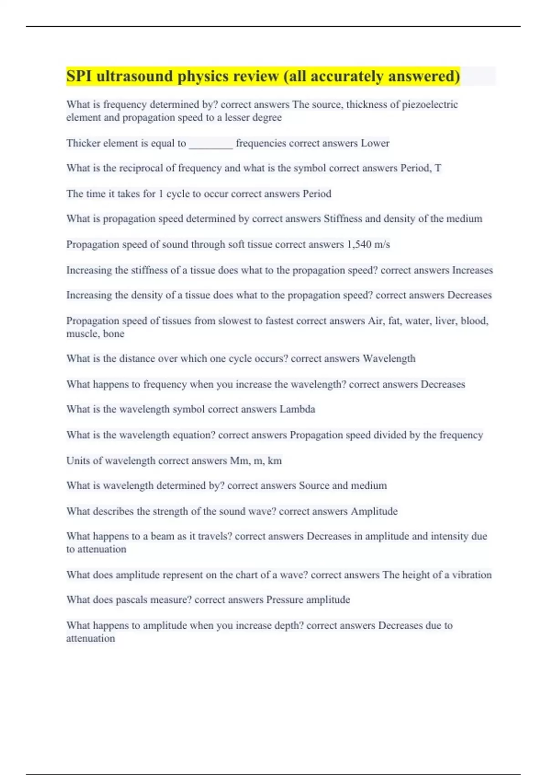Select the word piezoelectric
pyautogui.click(x=429, y=104)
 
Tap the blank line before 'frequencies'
pyautogui.click(x=211, y=144)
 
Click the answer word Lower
pyautogui.click(x=375, y=143)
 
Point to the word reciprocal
pyautogui.click(x=141, y=168)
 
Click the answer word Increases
pyautogui.click(x=472, y=270)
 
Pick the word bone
pyautogui.click(x=114, y=334)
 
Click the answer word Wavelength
pyautogui.click(x=389, y=359)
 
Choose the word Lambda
pyautogui.click(x=297, y=409)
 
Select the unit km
pyautogui.click(x=274, y=461)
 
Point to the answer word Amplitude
pyautogui.click(x=374, y=511)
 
